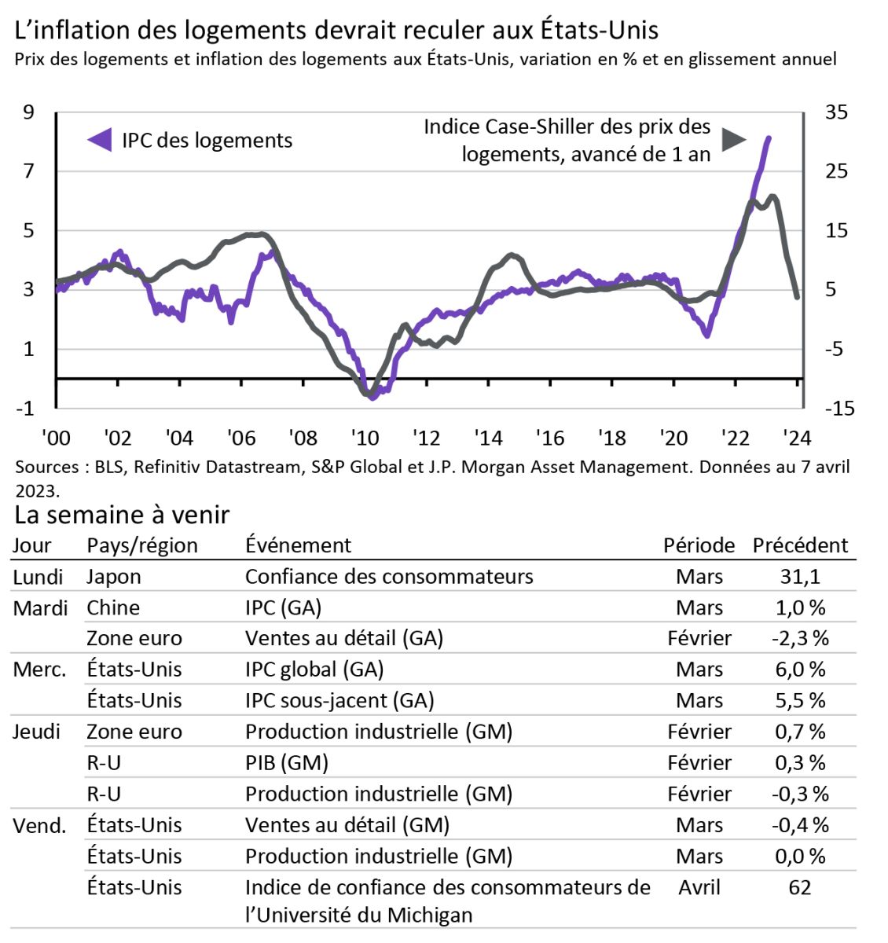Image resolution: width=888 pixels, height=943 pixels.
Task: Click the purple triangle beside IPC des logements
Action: click(x=100, y=140)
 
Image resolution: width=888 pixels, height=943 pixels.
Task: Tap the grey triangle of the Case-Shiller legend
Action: click(x=733, y=140)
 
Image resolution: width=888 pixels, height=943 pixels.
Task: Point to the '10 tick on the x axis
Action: click(x=365, y=438)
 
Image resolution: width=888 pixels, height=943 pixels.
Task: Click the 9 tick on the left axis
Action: click(x=29, y=112)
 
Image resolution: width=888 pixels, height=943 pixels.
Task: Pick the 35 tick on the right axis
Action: click(x=836, y=112)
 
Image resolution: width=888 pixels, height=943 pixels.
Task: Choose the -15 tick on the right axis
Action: click(x=838, y=409)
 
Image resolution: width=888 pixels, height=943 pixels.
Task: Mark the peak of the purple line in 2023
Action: click(x=768, y=138)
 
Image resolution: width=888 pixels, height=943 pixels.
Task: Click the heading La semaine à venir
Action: click(x=122, y=515)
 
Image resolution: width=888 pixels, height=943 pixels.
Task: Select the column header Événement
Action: click(x=298, y=545)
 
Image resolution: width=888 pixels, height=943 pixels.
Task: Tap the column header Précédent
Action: click(x=800, y=545)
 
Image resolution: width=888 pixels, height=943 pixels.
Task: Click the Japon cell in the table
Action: click(x=114, y=577)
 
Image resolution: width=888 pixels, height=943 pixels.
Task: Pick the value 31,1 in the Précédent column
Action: click(x=800, y=577)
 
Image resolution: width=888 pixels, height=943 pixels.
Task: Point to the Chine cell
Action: click(x=113, y=607)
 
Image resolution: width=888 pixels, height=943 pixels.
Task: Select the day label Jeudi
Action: click(x=36, y=732)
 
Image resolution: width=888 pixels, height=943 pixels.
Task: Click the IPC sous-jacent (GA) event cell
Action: click(x=339, y=700)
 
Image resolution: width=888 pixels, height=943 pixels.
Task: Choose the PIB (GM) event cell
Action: click(x=286, y=762)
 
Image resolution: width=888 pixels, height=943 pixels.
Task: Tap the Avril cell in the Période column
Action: click(x=699, y=887)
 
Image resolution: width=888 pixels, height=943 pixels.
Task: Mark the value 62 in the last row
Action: click(x=800, y=887)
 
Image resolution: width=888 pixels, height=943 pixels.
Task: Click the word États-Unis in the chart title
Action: click(x=600, y=30)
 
